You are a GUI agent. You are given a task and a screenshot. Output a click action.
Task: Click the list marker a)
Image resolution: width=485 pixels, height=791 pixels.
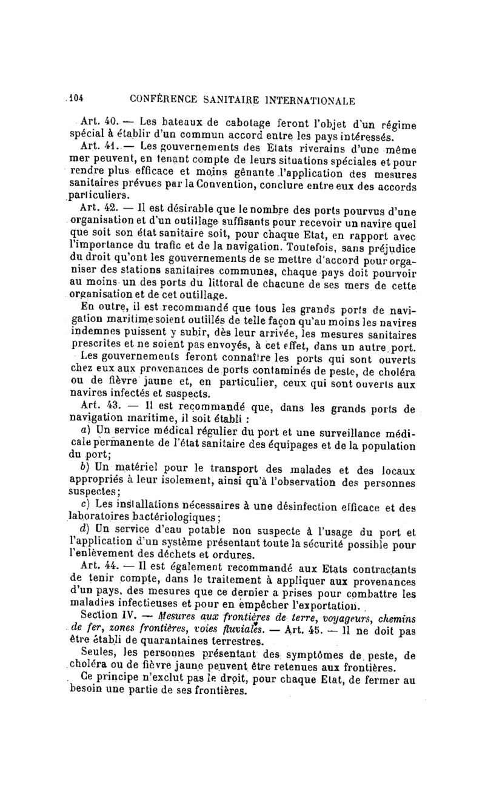85,428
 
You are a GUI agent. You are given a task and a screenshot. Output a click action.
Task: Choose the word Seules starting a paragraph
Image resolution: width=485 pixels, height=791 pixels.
98,654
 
